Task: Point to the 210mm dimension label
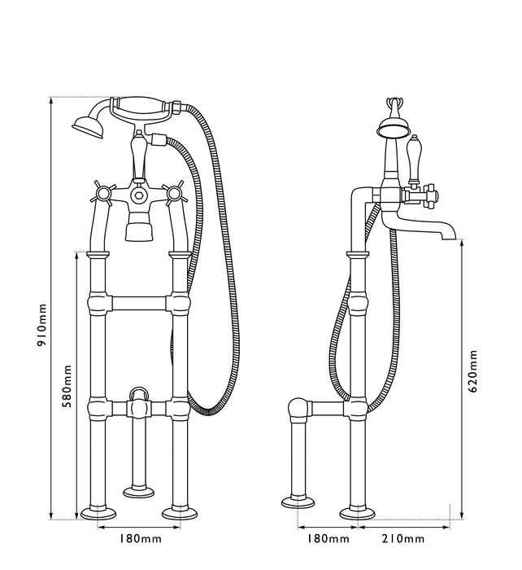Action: tap(402, 538)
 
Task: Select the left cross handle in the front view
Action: tap(103, 195)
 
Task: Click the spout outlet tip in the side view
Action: tap(448, 235)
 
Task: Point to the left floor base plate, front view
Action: tap(100, 513)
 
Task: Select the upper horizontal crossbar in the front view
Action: tap(138, 306)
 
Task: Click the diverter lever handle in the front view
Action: tap(137, 151)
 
